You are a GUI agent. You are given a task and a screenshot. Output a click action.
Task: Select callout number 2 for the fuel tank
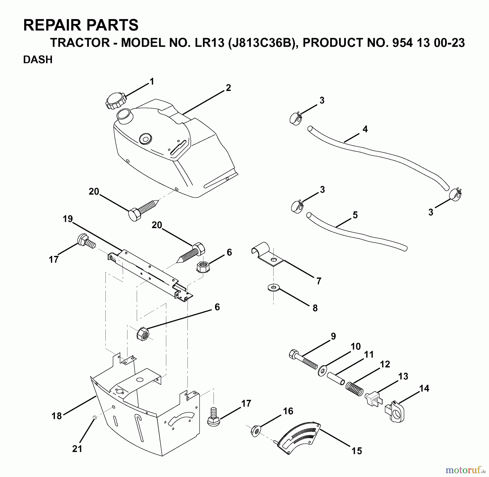228,88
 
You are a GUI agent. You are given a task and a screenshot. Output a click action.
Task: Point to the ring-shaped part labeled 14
395,412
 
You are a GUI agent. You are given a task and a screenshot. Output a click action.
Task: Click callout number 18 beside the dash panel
57,416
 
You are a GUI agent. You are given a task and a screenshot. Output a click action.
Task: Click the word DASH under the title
38,59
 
